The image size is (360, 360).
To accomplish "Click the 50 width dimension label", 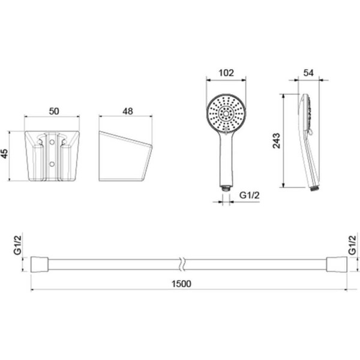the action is click(x=54, y=112).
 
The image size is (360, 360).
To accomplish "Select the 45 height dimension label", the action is click(x=5, y=154).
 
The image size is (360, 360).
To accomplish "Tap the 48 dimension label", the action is click(x=128, y=112).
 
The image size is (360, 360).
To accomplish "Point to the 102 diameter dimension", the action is click(x=226, y=73).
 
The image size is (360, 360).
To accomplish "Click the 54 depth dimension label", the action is click(x=308, y=73).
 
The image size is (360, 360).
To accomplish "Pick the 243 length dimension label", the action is click(x=277, y=140).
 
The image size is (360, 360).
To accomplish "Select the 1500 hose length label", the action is click(x=181, y=284).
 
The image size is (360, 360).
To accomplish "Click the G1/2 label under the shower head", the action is click(x=250, y=196).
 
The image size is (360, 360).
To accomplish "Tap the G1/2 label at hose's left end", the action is click(x=17, y=245).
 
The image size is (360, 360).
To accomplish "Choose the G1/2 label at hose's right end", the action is click(x=352, y=245).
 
